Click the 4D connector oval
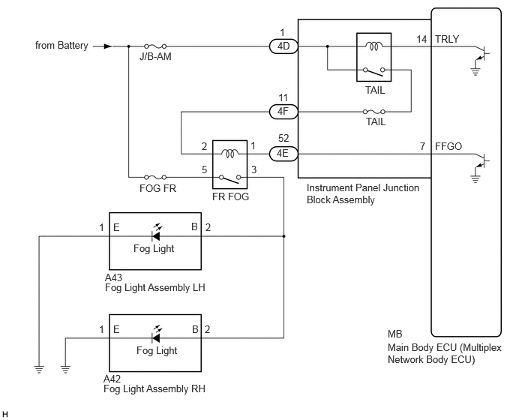[x=283, y=46]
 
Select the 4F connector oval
[x=283, y=112]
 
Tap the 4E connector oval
[x=283, y=154]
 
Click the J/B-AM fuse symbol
[x=155, y=46]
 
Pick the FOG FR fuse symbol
[x=155, y=178]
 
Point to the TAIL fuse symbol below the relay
[x=373, y=112]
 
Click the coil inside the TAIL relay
[x=373, y=46]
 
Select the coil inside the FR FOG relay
[x=230, y=154]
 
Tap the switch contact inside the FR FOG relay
[x=230, y=178]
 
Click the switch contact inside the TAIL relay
[x=373, y=71]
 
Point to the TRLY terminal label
[x=447, y=39]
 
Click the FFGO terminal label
[x=448, y=146]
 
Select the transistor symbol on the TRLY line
[x=482, y=53]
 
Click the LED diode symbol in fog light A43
[x=156, y=233]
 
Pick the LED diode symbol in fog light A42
[x=156, y=335]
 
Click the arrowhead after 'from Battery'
[x=108, y=46]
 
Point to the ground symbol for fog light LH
[x=39, y=369]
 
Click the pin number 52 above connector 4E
[x=283, y=138]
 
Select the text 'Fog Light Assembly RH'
[x=154, y=388]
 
